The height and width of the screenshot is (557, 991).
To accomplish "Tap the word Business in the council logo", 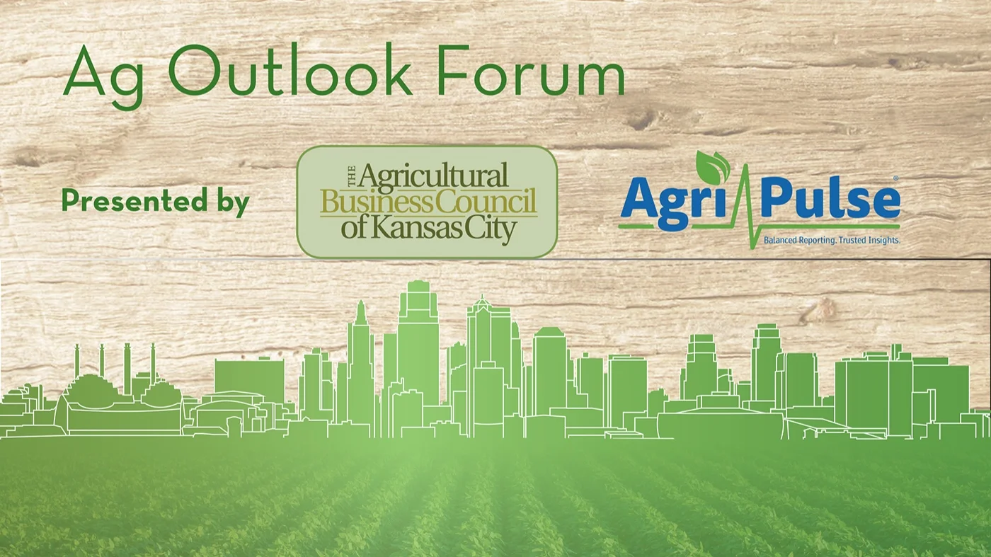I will click(x=374, y=202).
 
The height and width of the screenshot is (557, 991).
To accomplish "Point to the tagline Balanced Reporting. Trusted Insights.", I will click(x=831, y=241).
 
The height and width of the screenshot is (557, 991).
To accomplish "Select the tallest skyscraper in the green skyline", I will click(x=418, y=340).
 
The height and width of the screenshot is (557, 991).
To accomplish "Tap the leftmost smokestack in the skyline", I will click(x=77, y=361).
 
